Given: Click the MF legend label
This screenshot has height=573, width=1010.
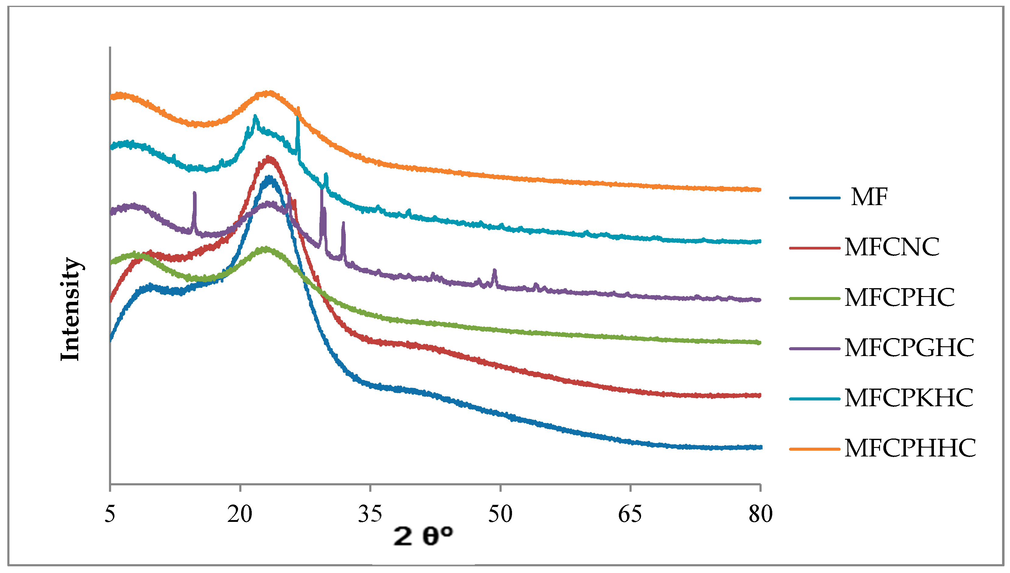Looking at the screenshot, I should [x=869, y=197].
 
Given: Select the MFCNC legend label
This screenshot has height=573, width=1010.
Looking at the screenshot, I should [x=892, y=247].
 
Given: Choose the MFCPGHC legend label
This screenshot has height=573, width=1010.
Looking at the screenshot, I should [x=909, y=348].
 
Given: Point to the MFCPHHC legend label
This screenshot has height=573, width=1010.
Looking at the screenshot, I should [x=910, y=448].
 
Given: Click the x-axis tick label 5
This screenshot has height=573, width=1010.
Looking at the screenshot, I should [x=110, y=514].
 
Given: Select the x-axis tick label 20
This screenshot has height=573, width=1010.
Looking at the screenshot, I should [x=239, y=514].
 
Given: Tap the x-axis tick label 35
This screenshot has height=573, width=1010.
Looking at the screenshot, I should [x=370, y=514].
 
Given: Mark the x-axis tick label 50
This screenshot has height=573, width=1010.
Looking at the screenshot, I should [x=500, y=514].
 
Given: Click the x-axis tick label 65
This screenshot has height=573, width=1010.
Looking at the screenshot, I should [x=630, y=514].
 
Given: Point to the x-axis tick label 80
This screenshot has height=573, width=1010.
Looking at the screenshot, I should [x=760, y=514].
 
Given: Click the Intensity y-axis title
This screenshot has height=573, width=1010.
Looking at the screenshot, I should [x=71, y=309].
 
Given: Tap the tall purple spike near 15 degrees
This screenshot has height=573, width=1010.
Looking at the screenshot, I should [x=194, y=194].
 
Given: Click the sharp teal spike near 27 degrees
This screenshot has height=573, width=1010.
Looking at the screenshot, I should [x=298, y=118].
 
